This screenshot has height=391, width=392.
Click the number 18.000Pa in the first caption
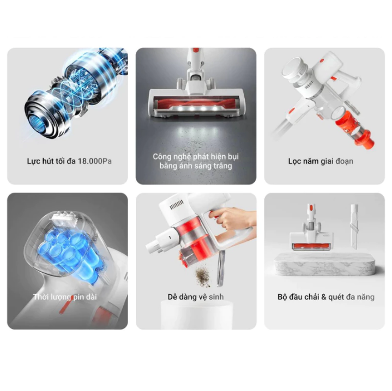[x=95, y=161]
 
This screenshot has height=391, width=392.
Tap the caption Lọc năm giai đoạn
[x=321, y=161]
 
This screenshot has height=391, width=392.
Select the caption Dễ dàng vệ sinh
[x=196, y=297]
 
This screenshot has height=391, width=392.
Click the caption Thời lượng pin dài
[x=65, y=297]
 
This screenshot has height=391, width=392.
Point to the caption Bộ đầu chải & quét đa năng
[x=326, y=297]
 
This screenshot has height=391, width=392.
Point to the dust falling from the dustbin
[x=202, y=276]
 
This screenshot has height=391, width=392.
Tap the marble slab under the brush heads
[x=324, y=265]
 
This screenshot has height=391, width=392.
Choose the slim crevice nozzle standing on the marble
[x=354, y=226]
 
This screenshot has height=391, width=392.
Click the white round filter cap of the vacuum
[x=292, y=67]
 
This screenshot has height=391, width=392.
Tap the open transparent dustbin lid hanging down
[x=221, y=268]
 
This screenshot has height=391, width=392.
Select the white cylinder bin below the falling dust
[x=196, y=315]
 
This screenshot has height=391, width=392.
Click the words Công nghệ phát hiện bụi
[x=196, y=156]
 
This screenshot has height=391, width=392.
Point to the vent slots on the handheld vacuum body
[x=176, y=205]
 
